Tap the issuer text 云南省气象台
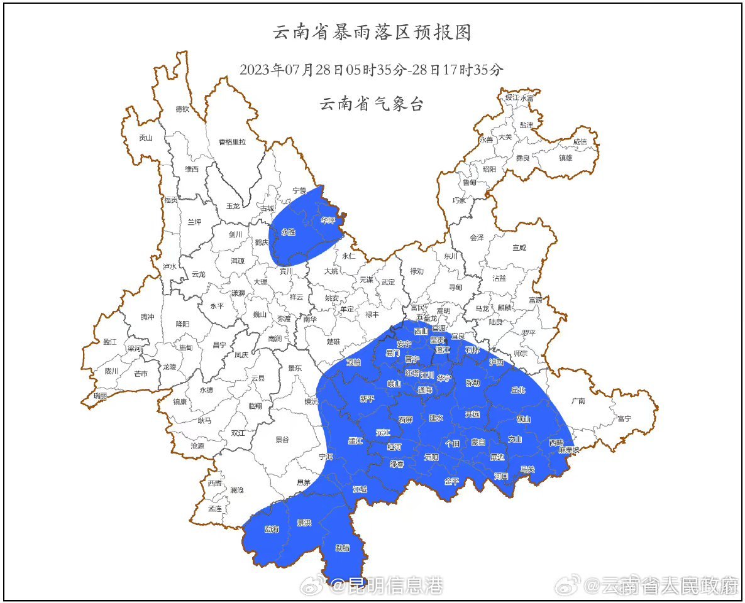tap(372, 104)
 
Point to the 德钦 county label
tap(182, 109)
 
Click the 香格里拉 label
tap(232, 142)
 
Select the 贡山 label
tap(146, 138)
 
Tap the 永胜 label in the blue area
tap(288, 232)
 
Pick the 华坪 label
tap(328, 221)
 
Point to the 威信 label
tap(580, 142)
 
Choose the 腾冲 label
tap(147, 317)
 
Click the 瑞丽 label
tap(100, 396)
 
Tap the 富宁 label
tap(624, 418)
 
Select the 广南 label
tap(578, 401)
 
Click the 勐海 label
tap(272, 529)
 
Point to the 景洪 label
tap(304, 523)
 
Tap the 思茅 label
tap(304, 483)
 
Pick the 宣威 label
tap(519, 248)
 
